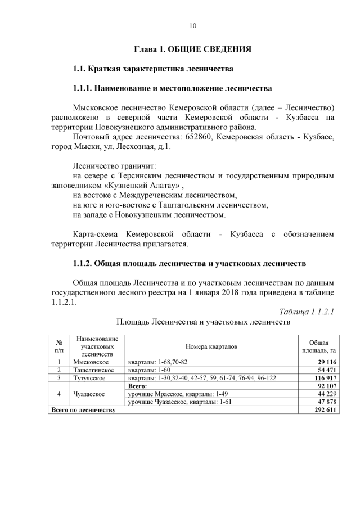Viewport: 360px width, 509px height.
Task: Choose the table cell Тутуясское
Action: pos(91,379)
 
